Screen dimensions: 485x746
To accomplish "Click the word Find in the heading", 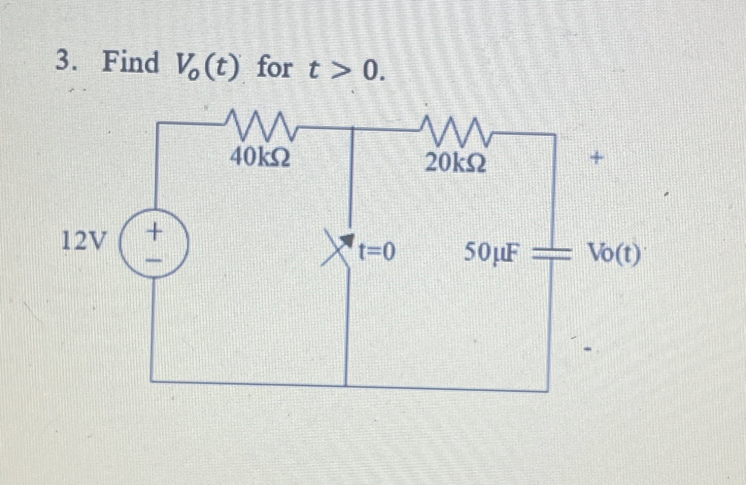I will [131, 64].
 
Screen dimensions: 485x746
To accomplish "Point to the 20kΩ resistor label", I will [455, 163].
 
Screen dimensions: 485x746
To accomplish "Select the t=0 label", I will [377, 252].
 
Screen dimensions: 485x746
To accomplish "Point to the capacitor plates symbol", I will [549, 253].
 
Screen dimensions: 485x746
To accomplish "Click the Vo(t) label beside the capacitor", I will [615, 253].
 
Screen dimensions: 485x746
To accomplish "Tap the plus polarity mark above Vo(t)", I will [597, 158].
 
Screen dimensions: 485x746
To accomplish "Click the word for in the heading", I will [275, 68].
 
